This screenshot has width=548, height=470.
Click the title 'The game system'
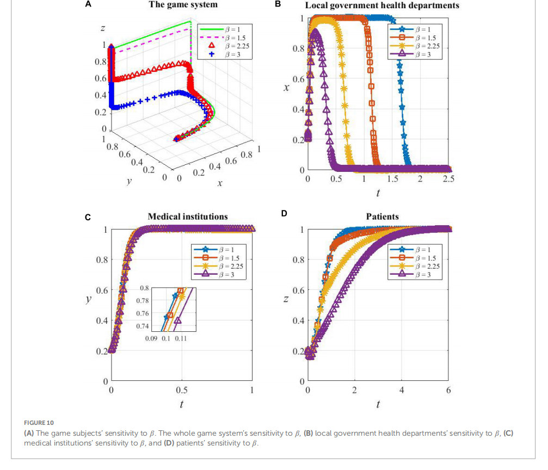tap(183, 5)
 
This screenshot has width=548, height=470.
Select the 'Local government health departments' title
tap(382, 5)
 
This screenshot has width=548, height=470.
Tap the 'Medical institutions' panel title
tap(188, 217)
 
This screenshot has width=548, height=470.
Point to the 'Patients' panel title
tap(383, 217)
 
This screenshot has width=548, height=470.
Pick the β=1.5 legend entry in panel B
tap(422, 38)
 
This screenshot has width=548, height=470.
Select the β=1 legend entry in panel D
tap(422, 250)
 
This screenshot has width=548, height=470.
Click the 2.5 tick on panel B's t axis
tap(448, 180)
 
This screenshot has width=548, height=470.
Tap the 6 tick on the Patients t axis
tap(448, 391)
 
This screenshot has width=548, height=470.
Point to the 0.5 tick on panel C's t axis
tap(182, 391)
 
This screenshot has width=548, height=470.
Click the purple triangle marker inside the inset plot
tap(178, 321)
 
